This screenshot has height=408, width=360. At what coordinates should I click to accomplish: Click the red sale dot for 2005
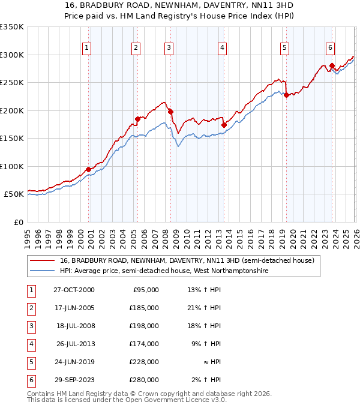point(137,119)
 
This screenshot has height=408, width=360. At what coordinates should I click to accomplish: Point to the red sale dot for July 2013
point(224,125)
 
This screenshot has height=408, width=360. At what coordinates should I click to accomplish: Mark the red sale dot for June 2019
point(286,95)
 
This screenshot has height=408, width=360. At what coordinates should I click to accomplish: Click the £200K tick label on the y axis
point(12,110)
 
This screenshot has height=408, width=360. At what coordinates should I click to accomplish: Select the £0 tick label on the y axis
point(19,222)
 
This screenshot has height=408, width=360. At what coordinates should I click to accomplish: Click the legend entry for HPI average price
point(164,271)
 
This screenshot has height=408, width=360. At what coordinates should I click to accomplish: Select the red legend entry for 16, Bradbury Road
point(187,260)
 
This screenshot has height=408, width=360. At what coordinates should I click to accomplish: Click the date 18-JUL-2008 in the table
point(75,326)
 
